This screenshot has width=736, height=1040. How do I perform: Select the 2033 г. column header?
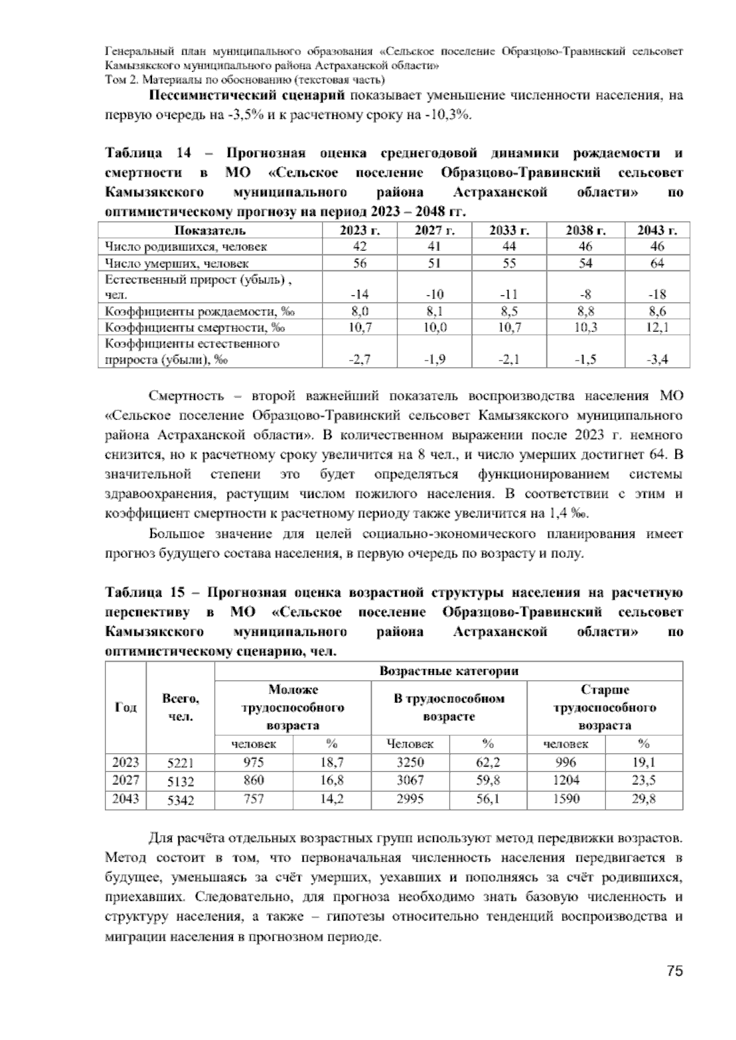tap(509, 231)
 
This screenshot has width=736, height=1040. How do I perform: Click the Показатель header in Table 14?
tap(210, 231)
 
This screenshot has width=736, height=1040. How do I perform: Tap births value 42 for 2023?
tap(359, 247)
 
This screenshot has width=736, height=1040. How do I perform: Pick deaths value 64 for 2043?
tap(657, 263)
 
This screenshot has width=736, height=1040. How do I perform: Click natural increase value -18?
tap(657, 294)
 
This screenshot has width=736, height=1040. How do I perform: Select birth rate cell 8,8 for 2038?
tap(585, 311)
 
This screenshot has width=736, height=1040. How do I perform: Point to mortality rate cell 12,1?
tap(657, 327)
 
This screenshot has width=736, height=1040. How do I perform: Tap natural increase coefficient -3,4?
tap(657, 360)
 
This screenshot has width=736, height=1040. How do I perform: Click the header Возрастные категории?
tap(448, 671)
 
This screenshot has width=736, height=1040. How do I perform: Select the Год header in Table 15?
tap(126, 707)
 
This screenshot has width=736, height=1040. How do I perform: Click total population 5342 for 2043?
tap(180, 800)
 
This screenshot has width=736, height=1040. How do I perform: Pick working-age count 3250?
tap(410, 762)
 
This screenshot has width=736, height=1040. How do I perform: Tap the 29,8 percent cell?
tap(643, 799)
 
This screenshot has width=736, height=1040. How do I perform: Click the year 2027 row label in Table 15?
tap(126, 781)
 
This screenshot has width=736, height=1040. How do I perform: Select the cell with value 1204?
tap(565, 781)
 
